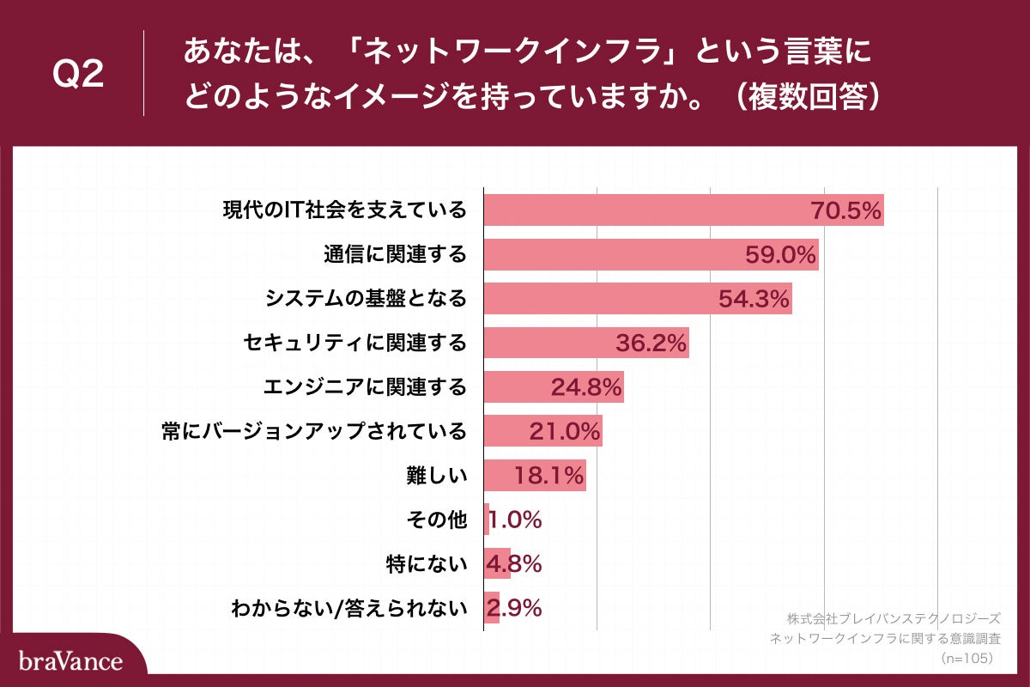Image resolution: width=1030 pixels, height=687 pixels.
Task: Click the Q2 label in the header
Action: (78, 75)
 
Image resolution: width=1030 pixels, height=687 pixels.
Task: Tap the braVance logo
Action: (70, 661)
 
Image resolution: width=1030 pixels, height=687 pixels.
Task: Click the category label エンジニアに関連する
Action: (365, 387)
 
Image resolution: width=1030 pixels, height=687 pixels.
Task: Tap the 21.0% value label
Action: (564, 431)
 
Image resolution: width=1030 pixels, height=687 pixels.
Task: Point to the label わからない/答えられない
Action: (349, 609)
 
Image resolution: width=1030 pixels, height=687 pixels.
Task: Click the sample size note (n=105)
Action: (966, 658)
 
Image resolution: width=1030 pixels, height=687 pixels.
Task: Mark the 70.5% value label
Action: (846, 210)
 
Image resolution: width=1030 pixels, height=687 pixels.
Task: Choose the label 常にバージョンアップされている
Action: (314, 431)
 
